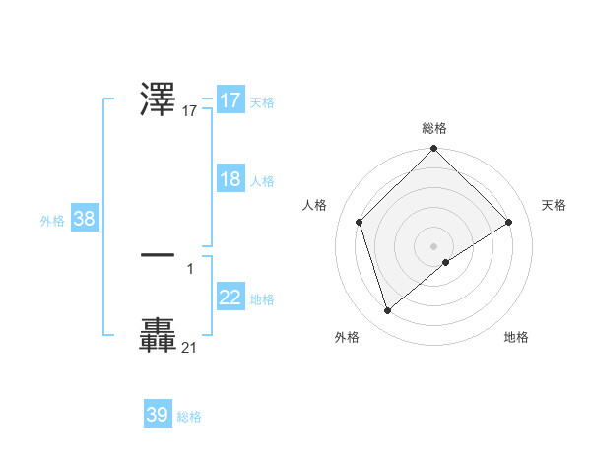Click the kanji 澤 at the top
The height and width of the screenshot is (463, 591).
tap(159, 99)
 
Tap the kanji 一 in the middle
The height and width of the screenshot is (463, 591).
tap(159, 254)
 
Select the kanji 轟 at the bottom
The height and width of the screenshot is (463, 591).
tap(159, 335)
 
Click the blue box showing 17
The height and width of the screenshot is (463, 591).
tap(230, 100)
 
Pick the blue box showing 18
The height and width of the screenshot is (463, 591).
tap(230, 179)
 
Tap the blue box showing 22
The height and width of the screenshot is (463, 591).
tap(230, 298)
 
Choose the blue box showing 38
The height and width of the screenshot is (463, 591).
tap(84, 219)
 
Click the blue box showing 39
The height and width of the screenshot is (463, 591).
tap(157, 415)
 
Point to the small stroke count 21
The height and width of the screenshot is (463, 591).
tap(189, 347)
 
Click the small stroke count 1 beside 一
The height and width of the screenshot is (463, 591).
tap(190, 267)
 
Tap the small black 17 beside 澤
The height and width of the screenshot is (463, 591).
tap(190, 111)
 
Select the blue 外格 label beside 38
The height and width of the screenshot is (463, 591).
tap(52, 221)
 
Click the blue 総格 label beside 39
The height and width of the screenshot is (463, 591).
tap(189, 417)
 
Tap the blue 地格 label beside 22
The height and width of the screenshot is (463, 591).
tap(262, 299)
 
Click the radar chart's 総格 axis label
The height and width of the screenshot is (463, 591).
tap(434, 128)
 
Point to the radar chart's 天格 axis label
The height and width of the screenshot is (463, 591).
tap(555, 205)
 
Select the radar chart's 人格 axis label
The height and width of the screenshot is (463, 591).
tap(315, 205)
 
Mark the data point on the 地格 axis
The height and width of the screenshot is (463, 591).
tap(446, 262)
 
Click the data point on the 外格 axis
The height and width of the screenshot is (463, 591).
tap(388, 311)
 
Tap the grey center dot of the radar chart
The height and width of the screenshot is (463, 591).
tap(434, 245)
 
